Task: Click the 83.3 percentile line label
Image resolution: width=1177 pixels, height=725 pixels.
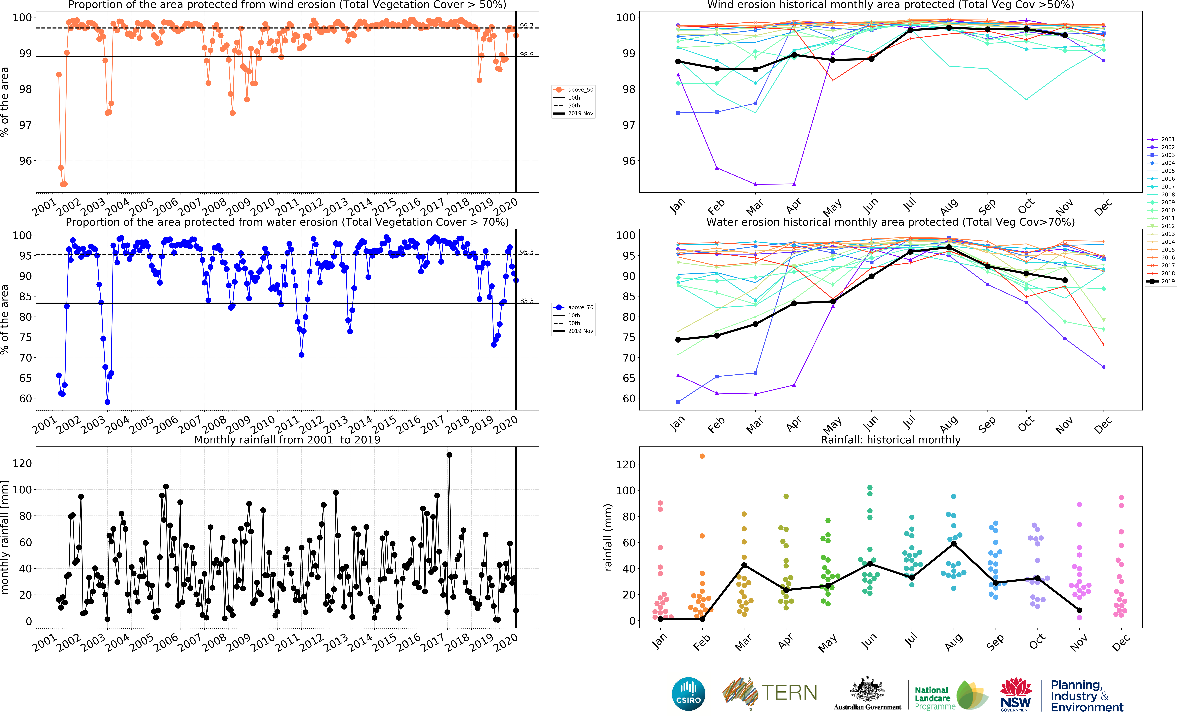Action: pyautogui.click(x=527, y=301)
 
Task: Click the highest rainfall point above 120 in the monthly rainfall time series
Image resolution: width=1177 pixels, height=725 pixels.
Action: pyautogui.click(x=449, y=455)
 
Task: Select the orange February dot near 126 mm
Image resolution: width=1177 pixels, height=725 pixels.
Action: pyautogui.click(x=702, y=456)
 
